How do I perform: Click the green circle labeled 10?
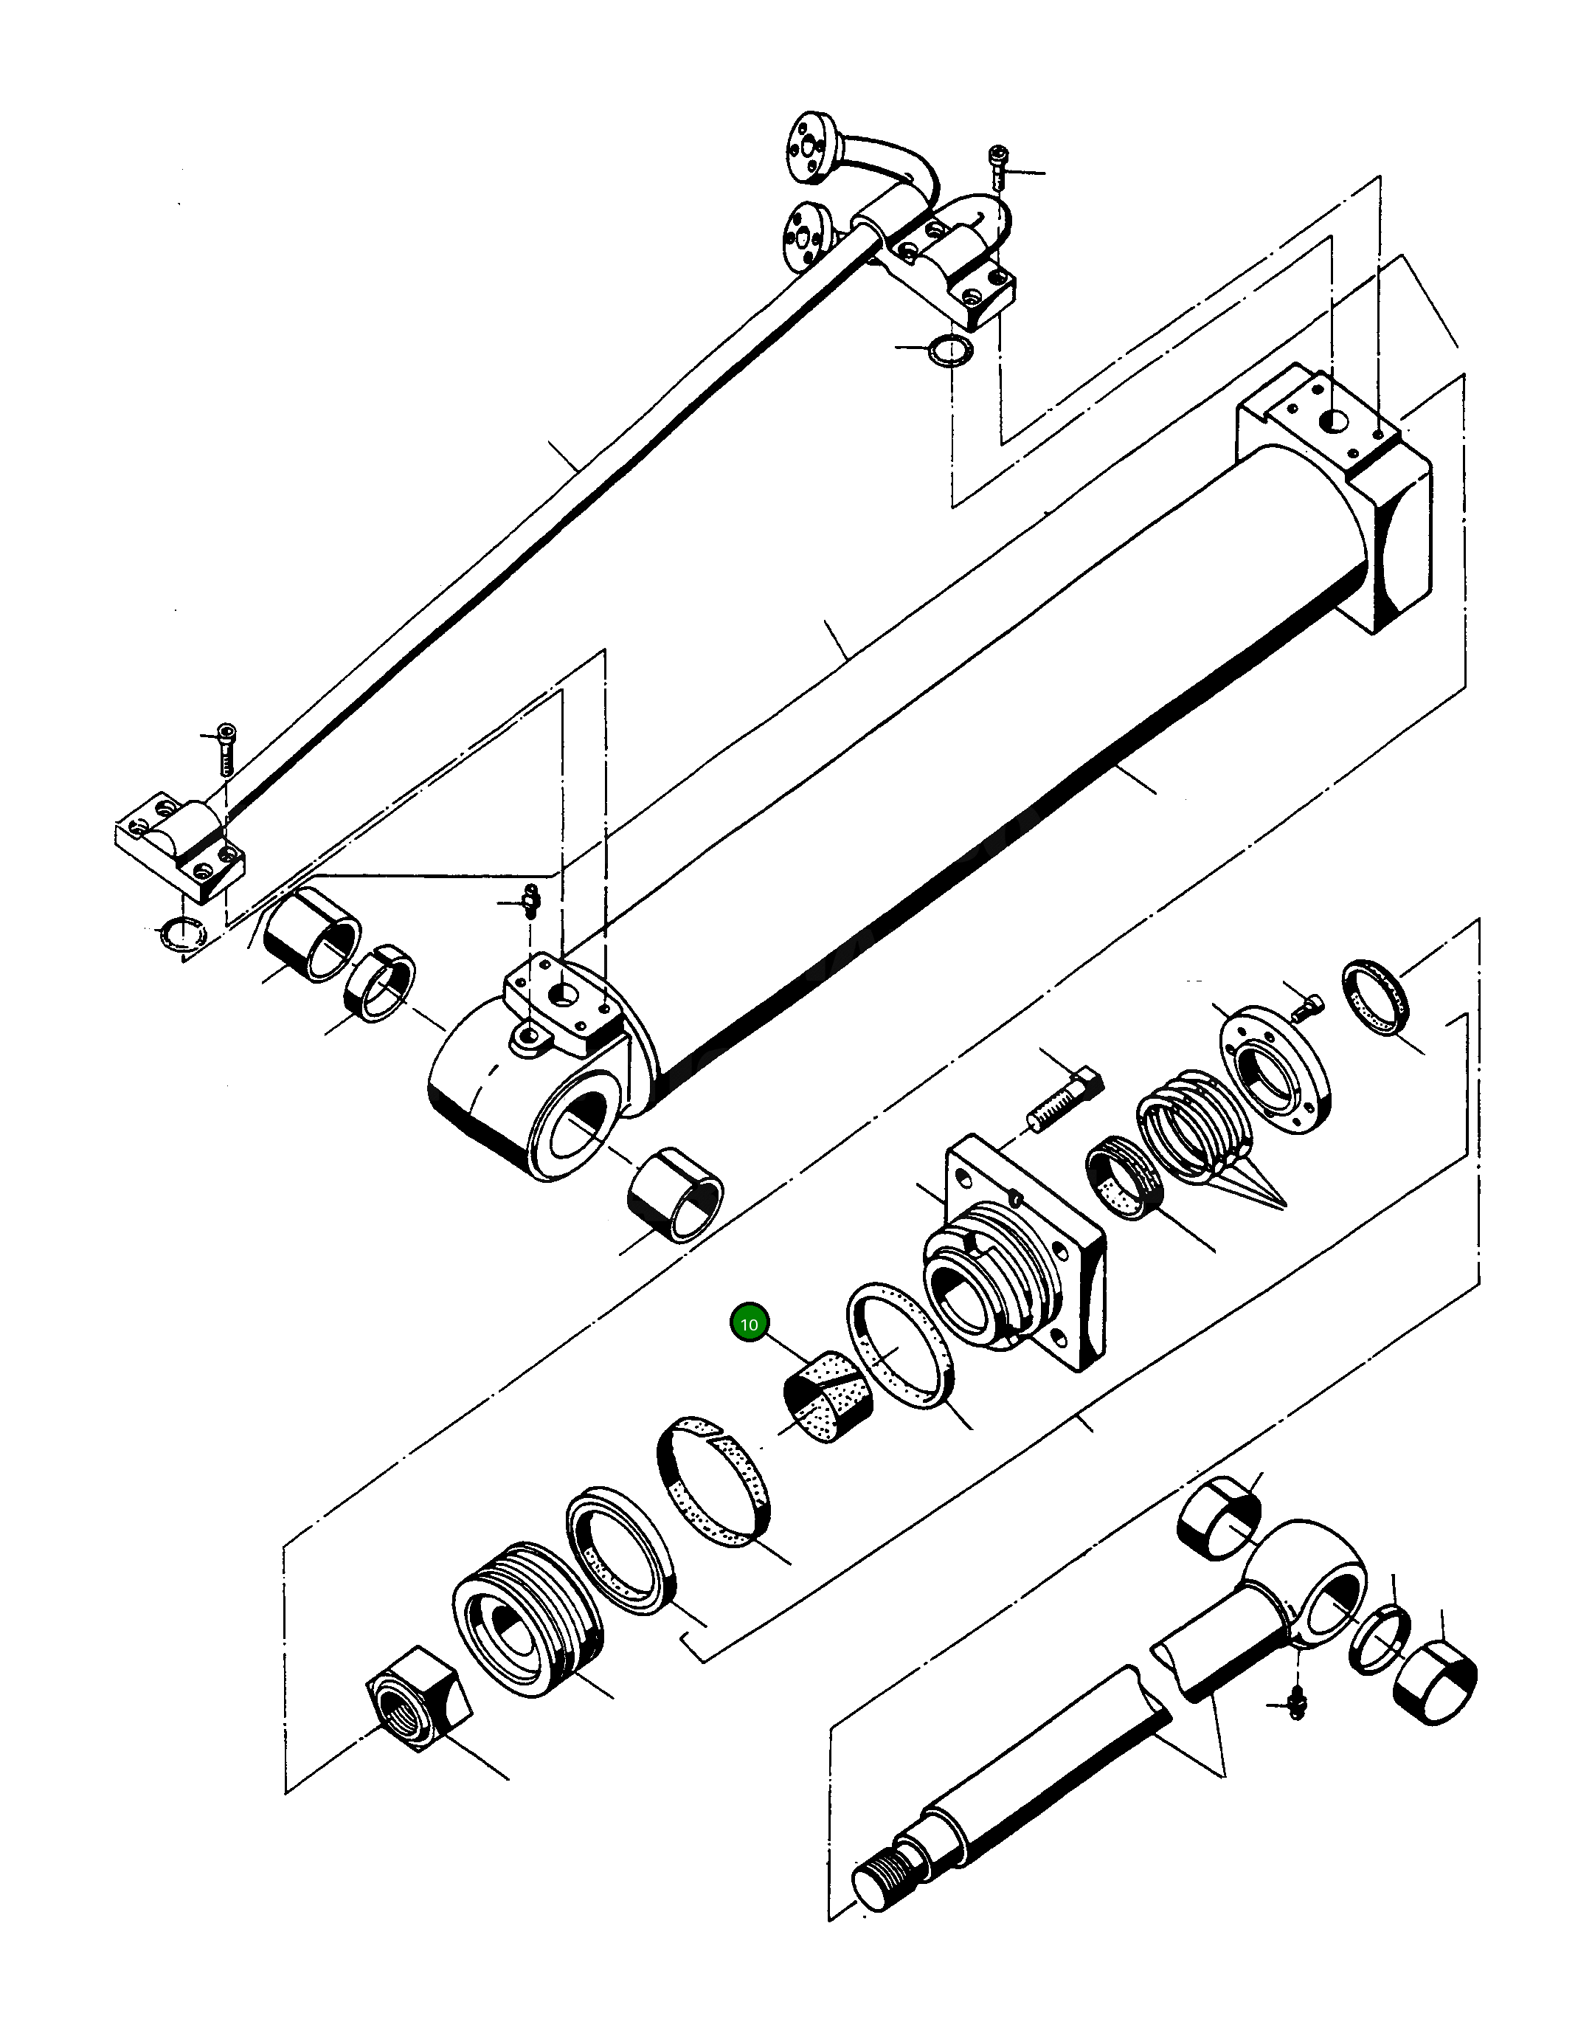click(749, 1324)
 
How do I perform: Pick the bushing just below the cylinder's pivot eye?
click(676, 1197)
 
